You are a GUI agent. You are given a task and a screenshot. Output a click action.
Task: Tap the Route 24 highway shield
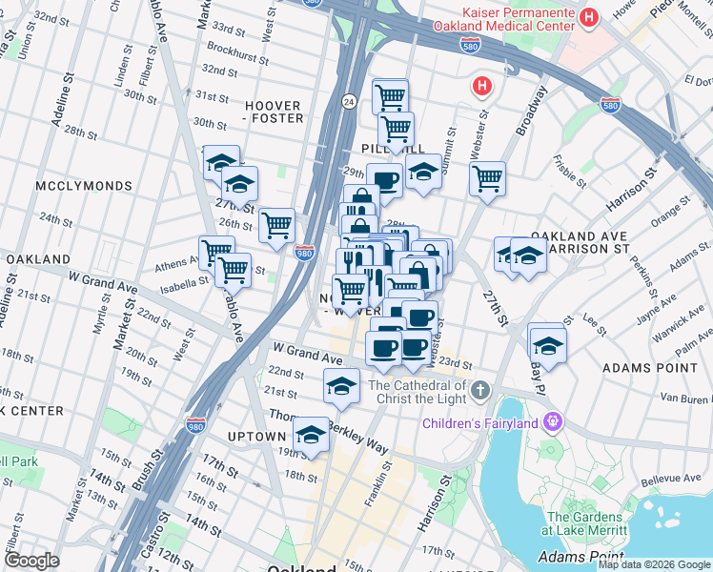[350, 101]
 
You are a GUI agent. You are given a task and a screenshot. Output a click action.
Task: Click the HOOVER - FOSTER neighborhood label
[274, 112]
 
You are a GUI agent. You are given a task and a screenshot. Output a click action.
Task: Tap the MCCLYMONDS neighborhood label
[75, 184]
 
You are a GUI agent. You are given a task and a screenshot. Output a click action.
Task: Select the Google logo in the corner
[31, 561]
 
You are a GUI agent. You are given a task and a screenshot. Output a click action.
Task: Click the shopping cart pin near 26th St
[276, 226]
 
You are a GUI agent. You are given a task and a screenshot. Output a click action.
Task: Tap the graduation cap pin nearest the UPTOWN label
[311, 435]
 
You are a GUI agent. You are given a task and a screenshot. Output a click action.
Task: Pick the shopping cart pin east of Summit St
[487, 178]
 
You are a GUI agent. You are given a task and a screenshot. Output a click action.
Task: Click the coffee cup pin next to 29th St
[385, 179]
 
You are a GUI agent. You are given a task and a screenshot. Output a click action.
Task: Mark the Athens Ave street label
[176, 265]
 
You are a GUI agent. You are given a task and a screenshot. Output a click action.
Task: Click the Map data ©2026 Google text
[654, 564]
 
